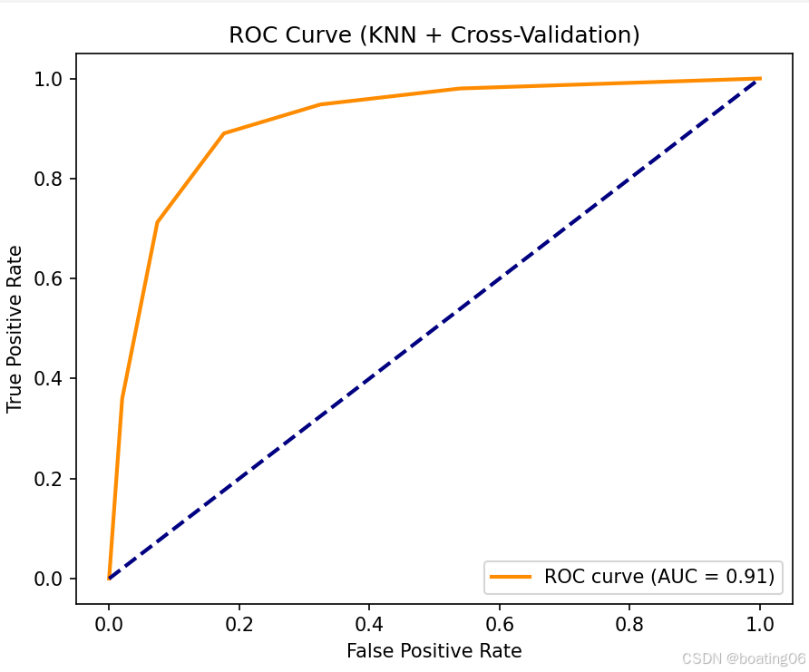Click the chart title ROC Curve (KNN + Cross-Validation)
click(434, 35)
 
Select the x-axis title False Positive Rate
click(434, 650)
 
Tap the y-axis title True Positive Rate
click(15, 328)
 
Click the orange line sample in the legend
click(512, 576)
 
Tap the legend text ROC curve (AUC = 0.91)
click(658, 576)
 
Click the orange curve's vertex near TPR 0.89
click(223, 133)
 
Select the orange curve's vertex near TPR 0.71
click(157, 222)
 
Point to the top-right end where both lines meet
click(760, 79)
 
